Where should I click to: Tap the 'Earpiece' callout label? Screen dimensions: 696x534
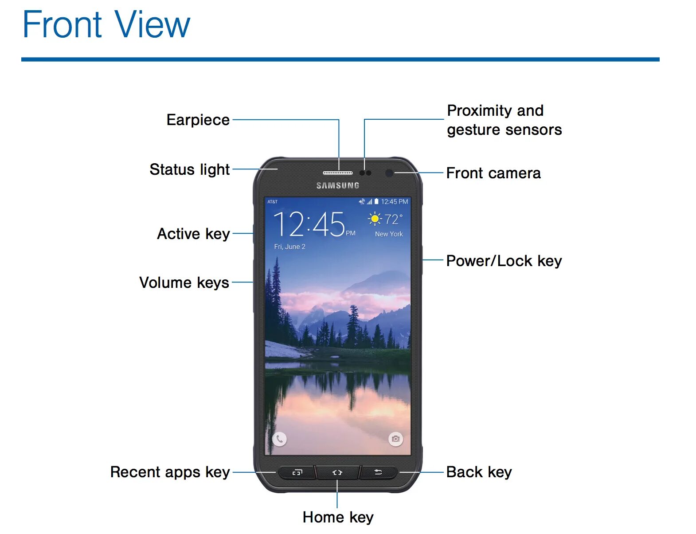[198, 120]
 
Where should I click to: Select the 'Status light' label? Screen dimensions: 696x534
[189, 169]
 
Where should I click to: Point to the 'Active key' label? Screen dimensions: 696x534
[193, 234]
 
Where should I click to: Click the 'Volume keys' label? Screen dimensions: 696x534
[184, 283]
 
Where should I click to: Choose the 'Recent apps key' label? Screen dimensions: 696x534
[170, 472]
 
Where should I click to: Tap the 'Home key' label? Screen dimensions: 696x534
[338, 517]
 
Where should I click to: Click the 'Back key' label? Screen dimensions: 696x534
[479, 472]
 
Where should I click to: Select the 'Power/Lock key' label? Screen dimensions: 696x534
[504, 261]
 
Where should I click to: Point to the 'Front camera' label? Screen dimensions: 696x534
[493, 173]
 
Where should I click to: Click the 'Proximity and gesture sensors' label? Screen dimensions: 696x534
[504, 120]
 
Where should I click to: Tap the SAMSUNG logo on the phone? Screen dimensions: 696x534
[338, 185]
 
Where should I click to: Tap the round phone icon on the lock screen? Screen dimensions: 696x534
[279, 439]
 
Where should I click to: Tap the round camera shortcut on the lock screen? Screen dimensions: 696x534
[395, 439]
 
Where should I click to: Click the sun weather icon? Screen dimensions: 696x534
[375, 219]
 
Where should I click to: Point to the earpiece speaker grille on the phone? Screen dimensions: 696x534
[338, 173]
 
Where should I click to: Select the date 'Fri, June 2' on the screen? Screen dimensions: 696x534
[289, 247]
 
